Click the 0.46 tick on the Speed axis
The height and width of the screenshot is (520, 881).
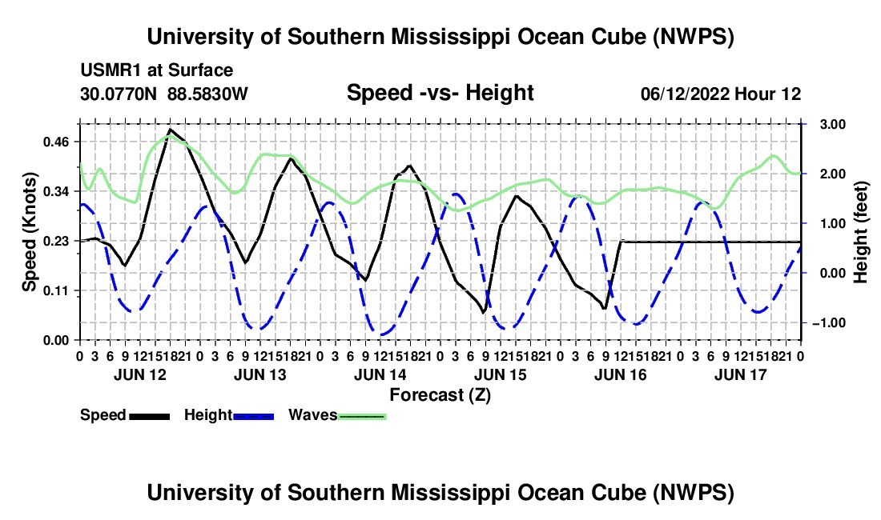55,142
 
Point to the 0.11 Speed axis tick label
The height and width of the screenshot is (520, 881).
55,290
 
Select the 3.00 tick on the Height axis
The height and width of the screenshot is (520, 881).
833,125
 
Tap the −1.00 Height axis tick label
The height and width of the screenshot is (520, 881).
829,323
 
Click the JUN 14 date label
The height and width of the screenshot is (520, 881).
380,374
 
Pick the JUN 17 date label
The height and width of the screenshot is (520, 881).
741,374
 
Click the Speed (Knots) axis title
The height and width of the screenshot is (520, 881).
29,232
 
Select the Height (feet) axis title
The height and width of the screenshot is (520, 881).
860,232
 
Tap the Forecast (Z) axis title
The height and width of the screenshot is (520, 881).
440,395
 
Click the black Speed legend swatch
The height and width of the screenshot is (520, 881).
149,416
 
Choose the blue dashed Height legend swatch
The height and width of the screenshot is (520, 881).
253,416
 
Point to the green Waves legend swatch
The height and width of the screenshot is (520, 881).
362,416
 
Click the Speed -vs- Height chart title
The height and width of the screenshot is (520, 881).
440,93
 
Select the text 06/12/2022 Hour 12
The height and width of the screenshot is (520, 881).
721,94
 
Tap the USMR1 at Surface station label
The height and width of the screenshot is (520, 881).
156,70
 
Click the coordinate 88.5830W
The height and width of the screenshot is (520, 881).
207,94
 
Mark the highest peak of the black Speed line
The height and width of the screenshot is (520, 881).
171,130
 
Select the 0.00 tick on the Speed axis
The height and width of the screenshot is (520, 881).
55,341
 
